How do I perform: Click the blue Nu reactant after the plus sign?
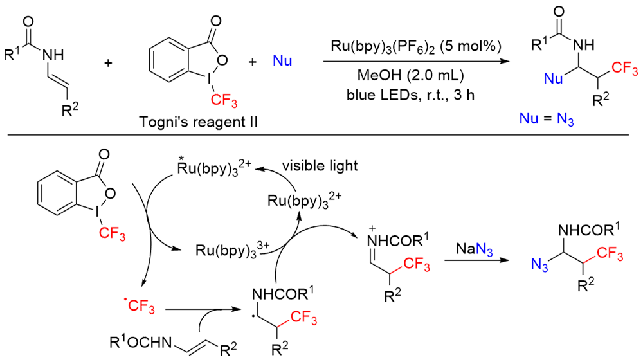click(x=283, y=62)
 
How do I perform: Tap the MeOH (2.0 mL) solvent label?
click(x=412, y=73)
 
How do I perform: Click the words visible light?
click(x=323, y=166)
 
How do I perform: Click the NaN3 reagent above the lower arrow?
click(x=474, y=248)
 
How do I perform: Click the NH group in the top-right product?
click(x=581, y=46)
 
